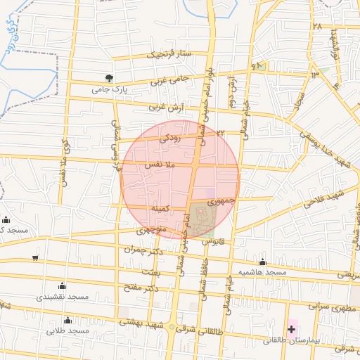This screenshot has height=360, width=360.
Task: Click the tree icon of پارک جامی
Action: click(x=108, y=78)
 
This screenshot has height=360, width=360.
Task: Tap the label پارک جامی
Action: click(x=109, y=89)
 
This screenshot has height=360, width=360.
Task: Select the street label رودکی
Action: click(x=170, y=139)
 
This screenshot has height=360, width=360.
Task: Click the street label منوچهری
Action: click(x=151, y=230)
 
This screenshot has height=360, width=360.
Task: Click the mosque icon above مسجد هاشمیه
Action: click(x=263, y=262)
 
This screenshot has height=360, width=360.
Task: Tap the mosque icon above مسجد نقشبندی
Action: click(x=63, y=285)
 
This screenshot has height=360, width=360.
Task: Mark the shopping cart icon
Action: click(x=36, y=258)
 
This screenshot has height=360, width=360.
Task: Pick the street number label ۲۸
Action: click(x=317, y=27)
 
